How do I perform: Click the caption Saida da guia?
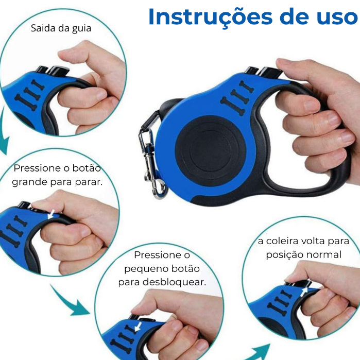(61, 28)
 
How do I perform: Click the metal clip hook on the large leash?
(151, 163)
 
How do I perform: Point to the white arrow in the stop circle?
(51, 214)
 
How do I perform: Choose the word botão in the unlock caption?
(185, 269)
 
